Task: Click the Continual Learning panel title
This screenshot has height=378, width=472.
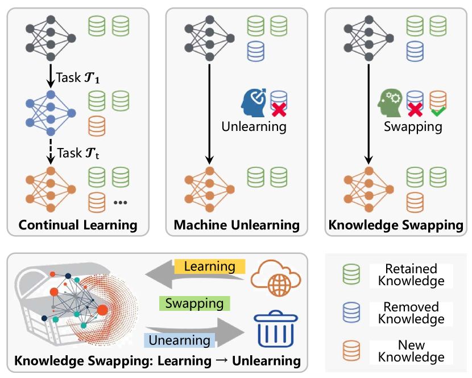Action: [x=78, y=225]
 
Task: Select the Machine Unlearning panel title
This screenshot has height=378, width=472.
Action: [x=237, y=225]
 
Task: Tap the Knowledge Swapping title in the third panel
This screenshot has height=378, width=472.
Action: [x=396, y=225]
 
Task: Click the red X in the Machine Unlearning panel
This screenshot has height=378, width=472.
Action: [x=278, y=110]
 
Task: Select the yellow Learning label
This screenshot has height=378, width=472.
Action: [x=209, y=266]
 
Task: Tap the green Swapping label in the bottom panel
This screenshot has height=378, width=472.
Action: [x=194, y=303]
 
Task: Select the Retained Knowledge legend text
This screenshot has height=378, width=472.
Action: [x=411, y=275]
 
